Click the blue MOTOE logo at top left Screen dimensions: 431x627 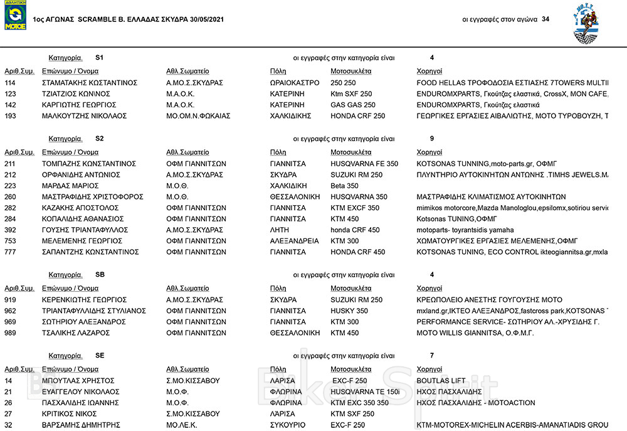point(16,16)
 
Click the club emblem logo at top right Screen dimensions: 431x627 point(589,25)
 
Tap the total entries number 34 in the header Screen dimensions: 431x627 point(545,19)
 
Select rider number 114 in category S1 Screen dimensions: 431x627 point(10,83)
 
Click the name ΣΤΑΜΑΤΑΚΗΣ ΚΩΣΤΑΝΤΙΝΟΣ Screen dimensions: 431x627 point(89,83)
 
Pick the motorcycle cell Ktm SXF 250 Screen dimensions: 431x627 point(351,94)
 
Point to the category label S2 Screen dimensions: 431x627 point(100,138)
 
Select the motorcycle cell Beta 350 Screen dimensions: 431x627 point(344,186)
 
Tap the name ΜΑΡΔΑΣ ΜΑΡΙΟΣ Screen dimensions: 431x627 point(70,186)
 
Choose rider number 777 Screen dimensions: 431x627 point(10,252)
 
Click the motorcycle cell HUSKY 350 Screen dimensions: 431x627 point(349,311)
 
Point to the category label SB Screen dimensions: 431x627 point(100,275)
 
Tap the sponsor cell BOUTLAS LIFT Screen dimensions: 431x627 point(441,381)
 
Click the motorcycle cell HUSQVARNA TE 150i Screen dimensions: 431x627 point(365,391)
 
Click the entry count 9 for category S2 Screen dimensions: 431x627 point(433,138)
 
